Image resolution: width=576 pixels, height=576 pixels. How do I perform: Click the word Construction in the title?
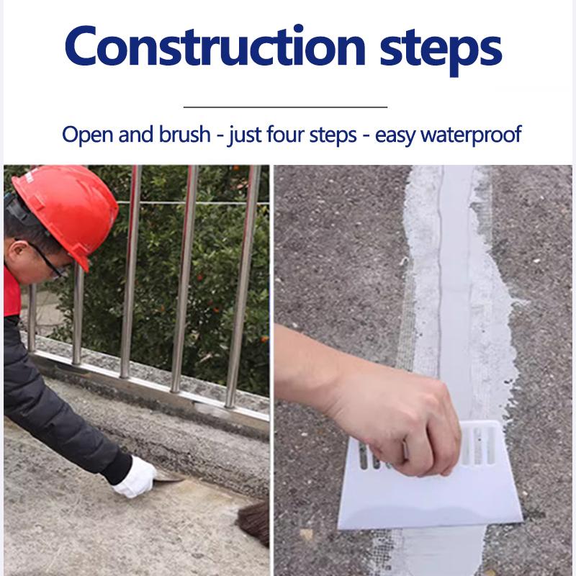(x=215, y=46)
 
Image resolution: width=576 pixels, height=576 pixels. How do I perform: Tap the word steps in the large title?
(x=441, y=50)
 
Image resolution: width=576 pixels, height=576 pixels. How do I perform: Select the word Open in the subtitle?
(x=87, y=135)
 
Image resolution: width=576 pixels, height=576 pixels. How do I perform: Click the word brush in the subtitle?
(x=185, y=134)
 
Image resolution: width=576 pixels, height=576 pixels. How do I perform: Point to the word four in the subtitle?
(x=285, y=134)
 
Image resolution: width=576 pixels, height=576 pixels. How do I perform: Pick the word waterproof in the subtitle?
(x=471, y=135)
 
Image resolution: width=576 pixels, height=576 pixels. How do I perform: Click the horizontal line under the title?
(x=285, y=107)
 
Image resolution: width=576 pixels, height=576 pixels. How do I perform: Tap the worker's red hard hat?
(x=66, y=210)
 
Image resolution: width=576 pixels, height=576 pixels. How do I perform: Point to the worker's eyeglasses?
(x=46, y=260)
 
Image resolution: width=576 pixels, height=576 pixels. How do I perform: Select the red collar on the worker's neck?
(x=12, y=292)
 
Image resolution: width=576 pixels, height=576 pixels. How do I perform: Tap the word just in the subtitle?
(x=243, y=135)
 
